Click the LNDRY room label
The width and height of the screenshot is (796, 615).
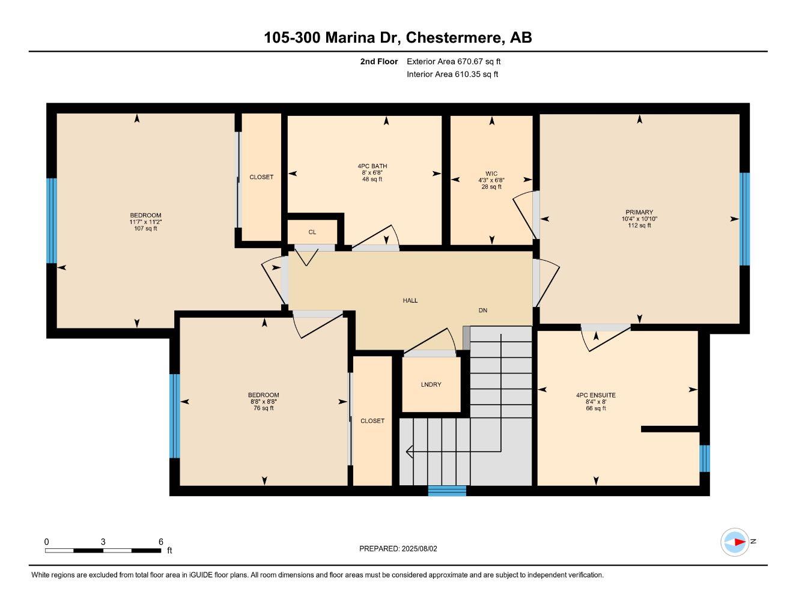pyautogui.click(x=431, y=384)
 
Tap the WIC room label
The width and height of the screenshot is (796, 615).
pyautogui.click(x=491, y=174)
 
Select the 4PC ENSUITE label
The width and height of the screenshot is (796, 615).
pyautogui.click(x=595, y=395)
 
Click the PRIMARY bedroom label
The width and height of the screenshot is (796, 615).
pyautogui.click(x=639, y=212)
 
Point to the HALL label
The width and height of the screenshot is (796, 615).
pyautogui.click(x=410, y=300)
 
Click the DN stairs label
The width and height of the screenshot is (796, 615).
pyautogui.click(x=482, y=311)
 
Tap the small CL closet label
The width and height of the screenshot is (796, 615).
pyautogui.click(x=312, y=232)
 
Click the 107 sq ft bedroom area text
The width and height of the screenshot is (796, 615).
pyautogui.click(x=145, y=229)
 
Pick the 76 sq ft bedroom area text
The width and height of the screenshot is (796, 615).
pyautogui.click(x=264, y=408)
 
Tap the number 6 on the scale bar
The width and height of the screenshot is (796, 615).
pyautogui.click(x=160, y=542)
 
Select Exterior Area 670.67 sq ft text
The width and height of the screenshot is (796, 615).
pyautogui.click(x=454, y=61)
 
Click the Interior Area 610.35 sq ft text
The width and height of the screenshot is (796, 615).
pyautogui.click(x=452, y=74)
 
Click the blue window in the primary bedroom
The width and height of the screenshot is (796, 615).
pyautogui.click(x=744, y=219)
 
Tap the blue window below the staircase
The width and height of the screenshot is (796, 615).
pyautogui.click(x=447, y=491)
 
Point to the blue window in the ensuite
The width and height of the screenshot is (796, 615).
pyautogui.click(x=705, y=458)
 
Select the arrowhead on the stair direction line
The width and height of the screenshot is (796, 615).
pyautogui.click(x=410, y=451)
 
